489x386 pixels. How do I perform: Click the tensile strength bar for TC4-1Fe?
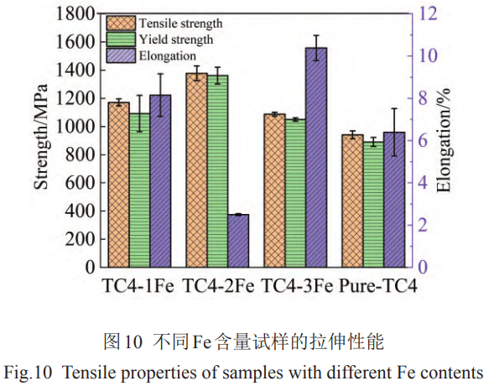coord(118,185)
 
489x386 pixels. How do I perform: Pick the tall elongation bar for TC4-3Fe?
coord(316,159)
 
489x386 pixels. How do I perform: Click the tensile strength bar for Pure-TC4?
coord(352,201)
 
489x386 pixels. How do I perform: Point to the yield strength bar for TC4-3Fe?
coord(294,193)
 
